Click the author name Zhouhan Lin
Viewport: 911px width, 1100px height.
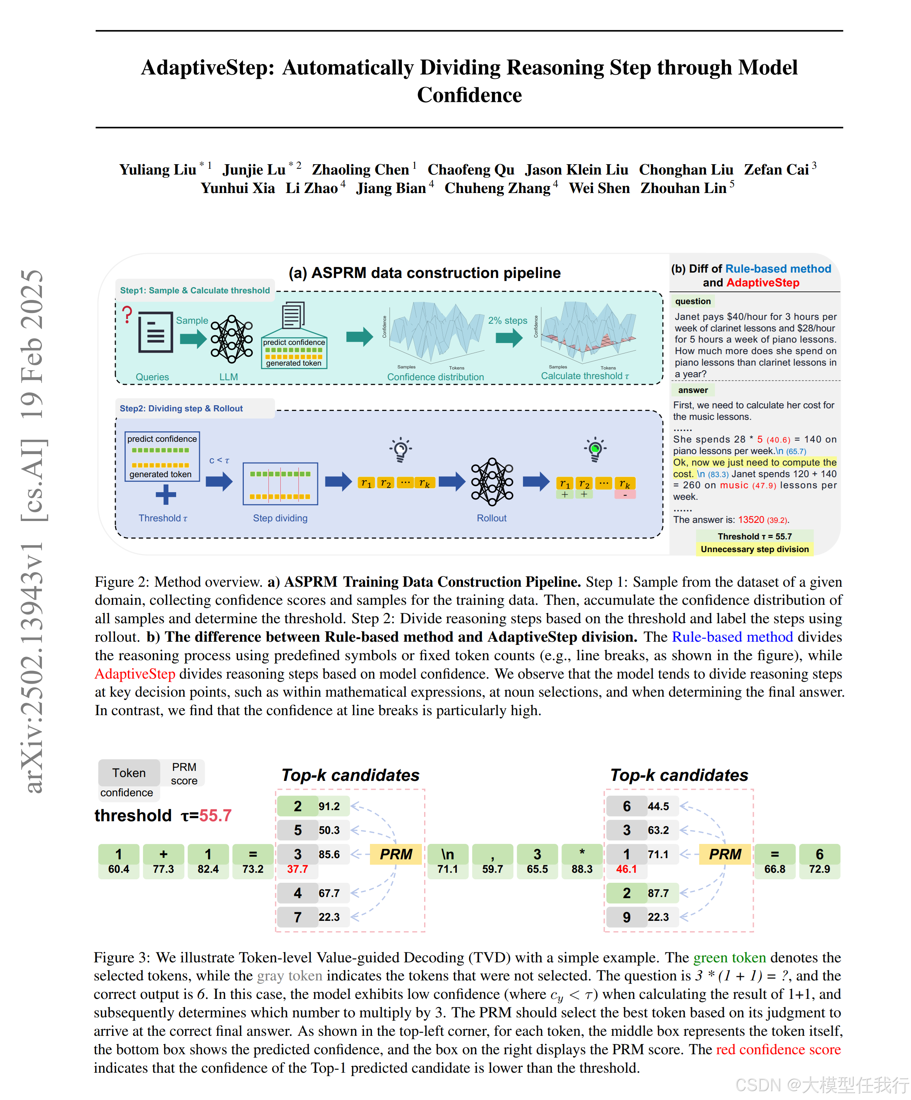point(683,188)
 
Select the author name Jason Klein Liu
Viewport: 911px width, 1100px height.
point(576,170)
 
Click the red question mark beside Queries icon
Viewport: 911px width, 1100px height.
point(127,315)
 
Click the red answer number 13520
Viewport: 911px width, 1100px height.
point(751,519)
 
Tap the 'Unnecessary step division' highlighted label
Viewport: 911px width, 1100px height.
point(754,549)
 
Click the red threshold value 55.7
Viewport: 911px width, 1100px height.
point(215,815)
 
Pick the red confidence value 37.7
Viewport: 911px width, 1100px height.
point(297,869)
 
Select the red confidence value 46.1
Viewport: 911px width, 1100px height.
point(626,869)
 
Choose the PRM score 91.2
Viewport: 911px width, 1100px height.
point(329,806)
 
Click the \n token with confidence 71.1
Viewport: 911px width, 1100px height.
point(447,860)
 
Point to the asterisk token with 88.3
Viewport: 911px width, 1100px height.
point(581,860)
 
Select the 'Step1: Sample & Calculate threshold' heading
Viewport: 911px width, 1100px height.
point(195,290)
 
